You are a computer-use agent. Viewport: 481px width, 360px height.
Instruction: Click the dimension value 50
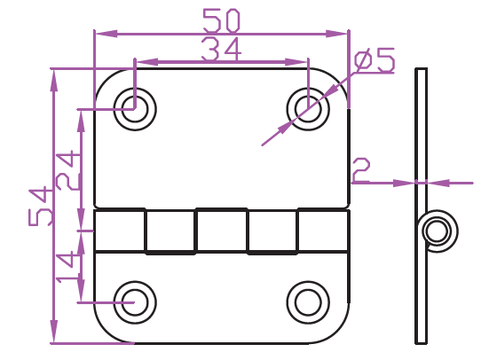[222, 20]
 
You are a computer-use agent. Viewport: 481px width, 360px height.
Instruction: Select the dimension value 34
[222, 49]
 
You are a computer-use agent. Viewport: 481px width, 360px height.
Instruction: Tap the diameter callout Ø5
[375, 60]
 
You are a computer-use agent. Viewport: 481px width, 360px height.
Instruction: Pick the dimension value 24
[68, 170]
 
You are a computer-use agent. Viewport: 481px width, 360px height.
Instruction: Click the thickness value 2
[361, 169]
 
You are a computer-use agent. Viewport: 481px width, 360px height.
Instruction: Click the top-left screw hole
[135, 109]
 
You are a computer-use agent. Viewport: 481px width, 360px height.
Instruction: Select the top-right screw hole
[308, 109]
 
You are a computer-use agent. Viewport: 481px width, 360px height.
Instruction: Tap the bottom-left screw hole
[135, 302]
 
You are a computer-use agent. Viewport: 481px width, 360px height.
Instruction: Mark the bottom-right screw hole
[308, 302]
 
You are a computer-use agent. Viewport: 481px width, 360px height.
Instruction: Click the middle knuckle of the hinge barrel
[222, 231]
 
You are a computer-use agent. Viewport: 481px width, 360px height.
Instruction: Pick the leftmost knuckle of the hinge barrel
[120, 231]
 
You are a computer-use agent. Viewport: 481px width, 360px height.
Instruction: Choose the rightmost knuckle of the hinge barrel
[323, 231]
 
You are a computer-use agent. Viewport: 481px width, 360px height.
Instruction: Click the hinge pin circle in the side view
[438, 231]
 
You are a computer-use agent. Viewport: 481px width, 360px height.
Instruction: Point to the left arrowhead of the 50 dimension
[106, 34]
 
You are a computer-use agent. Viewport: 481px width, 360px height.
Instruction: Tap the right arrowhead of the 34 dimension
[296, 62]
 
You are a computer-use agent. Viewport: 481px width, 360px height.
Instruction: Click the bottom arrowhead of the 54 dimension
[54, 332]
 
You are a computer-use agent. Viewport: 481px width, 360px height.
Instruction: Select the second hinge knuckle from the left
[170, 232]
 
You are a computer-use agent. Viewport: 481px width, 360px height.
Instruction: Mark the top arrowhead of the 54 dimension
[54, 81]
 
